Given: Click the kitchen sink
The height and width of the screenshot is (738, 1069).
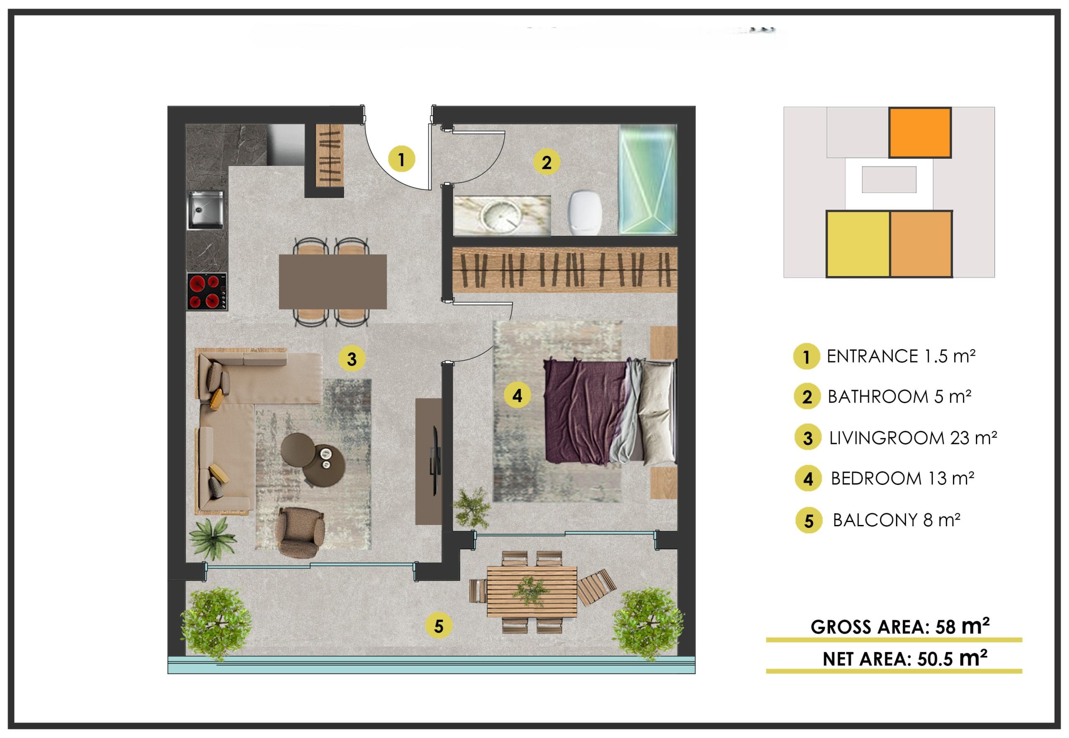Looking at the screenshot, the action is click(205, 210).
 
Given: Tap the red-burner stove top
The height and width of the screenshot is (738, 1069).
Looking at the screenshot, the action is click(207, 292).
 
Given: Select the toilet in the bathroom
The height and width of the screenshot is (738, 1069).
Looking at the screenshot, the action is click(585, 212).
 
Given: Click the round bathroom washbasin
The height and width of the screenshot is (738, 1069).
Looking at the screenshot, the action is click(499, 216).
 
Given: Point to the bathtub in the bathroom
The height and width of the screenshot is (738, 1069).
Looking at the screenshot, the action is click(648, 180).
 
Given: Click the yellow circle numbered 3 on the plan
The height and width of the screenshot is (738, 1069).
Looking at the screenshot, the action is click(352, 359).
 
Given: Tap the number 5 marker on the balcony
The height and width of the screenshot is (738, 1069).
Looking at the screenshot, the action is click(438, 626).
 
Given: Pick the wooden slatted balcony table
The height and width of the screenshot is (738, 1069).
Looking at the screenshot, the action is click(532, 592).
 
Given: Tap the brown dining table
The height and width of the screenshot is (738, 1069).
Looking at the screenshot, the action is click(332, 282).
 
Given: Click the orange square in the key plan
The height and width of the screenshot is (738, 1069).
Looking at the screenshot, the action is click(920, 133).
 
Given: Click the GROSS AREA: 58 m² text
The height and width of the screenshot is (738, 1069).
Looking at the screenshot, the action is click(900, 626).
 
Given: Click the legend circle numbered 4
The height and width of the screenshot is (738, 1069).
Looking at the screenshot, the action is click(808, 479).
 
